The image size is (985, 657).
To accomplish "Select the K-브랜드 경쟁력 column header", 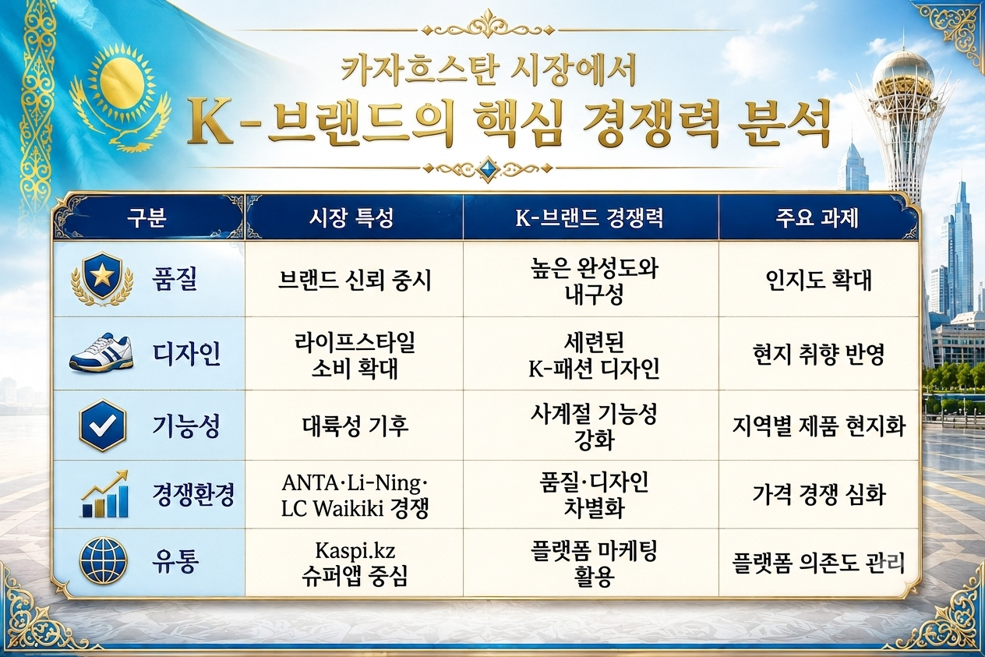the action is click(589, 218).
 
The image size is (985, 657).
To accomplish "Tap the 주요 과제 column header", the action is click(817, 218).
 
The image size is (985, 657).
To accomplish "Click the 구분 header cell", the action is click(147, 218).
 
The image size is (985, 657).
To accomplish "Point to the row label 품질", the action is click(175, 280).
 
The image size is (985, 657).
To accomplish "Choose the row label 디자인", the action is click(186, 354).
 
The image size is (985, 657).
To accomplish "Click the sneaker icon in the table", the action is click(101, 354).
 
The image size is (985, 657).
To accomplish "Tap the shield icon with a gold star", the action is click(102, 278).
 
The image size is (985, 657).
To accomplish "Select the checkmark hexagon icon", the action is click(102, 426).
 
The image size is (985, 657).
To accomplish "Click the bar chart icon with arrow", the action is click(104, 494).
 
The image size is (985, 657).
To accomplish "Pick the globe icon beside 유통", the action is click(103, 560).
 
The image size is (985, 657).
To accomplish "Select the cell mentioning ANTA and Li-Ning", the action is click(355, 496).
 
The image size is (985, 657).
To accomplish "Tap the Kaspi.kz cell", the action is click(355, 563).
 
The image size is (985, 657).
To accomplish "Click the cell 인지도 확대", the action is click(818, 280).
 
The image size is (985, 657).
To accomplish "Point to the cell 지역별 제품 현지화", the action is click(818, 426).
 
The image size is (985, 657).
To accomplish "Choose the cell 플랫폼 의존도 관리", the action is click(818, 563).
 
